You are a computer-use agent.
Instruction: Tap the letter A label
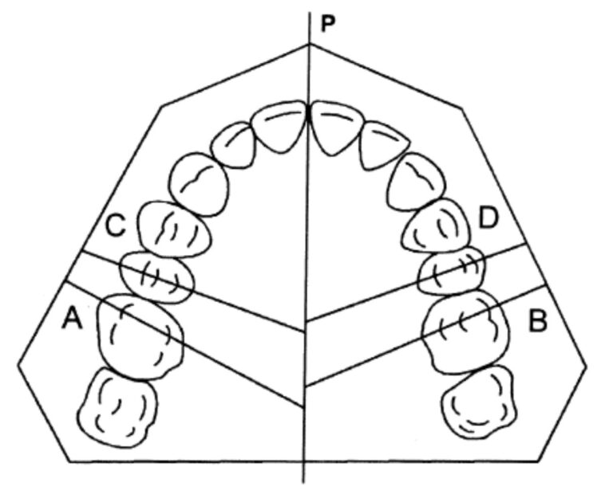[x=73, y=320]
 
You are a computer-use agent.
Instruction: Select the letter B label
[x=538, y=321]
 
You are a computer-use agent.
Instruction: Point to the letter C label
[x=116, y=226]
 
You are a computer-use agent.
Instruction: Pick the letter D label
[x=488, y=217]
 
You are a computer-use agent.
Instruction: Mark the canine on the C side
[x=199, y=182]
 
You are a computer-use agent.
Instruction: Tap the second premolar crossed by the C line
[x=157, y=276]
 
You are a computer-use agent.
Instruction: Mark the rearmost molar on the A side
[x=117, y=406]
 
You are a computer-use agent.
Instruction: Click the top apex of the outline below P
[x=309, y=45]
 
